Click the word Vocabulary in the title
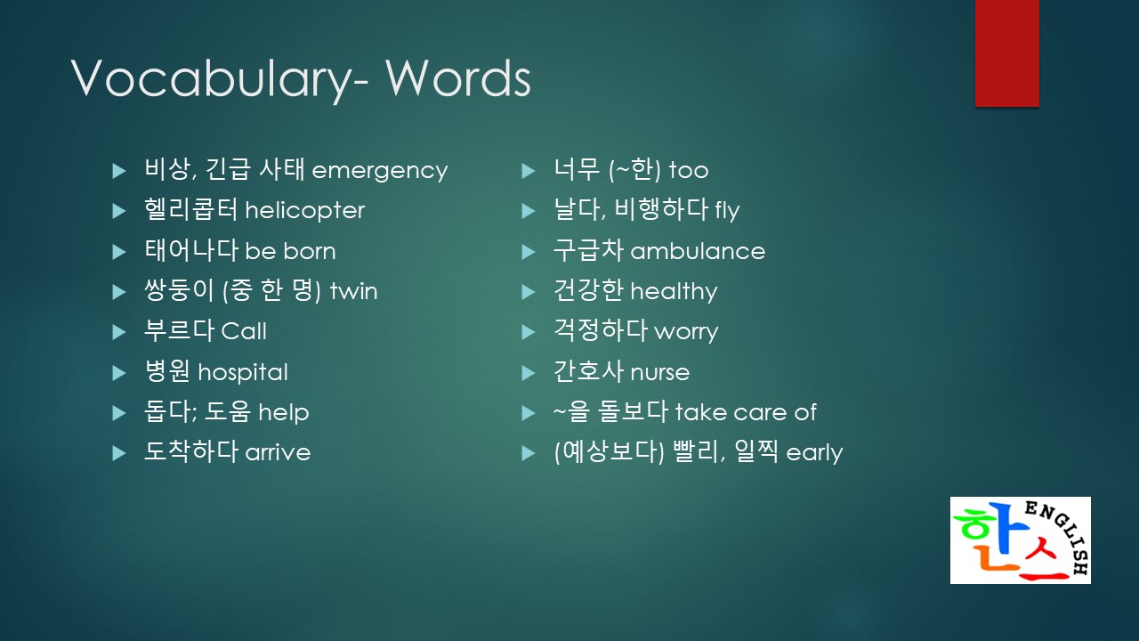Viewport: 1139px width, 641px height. pyautogui.click(x=212, y=78)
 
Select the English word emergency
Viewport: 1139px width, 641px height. pyautogui.click(x=380, y=172)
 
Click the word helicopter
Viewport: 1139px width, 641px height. pyautogui.click(x=305, y=209)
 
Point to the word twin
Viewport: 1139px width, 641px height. pyautogui.click(x=353, y=291)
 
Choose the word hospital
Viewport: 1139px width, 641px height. pyautogui.click(x=243, y=372)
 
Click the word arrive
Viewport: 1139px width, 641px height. pyautogui.click(x=278, y=452)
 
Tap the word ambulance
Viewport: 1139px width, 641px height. pyautogui.click(x=698, y=251)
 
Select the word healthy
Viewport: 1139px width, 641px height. pyautogui.click(x=674, y=291)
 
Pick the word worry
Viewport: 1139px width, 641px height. pyautogui.click(x=686, y=333)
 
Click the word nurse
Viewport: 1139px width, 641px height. pyautogui.click(x=660, y=373)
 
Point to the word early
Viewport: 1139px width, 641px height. pyautogui.click(x=814, y=452)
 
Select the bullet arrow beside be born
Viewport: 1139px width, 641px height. pyautogui.click(x=119, y=252)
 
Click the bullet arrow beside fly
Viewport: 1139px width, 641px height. pyautogui.click(x=529, y=211)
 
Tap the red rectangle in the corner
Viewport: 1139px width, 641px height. pyautogui.click(x=1006, y=53)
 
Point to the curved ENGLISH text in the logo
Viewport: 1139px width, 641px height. pyautogui.click(x=1062, y=535)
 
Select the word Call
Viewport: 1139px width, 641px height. pyautogui.click(x=244, y=331)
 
